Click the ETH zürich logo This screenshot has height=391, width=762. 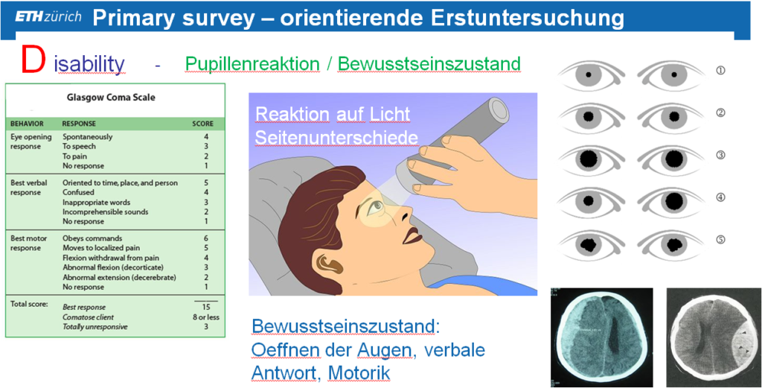pyautogui.click(x=48, y=17)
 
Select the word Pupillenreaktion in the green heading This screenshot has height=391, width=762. pyautogui.click(x=252, y=64)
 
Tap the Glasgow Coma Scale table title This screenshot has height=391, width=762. pyautogui.click(x=111, y=98)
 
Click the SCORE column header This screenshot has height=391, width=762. pyautogui.click(x=202, y=124)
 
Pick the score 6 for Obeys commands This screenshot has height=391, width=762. pyautogui.click(x=206, y=238)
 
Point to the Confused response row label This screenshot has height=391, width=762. pyautogui.click(x=78, y=193)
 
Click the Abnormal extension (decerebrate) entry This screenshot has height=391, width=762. pyautogui.click(x=119, y=277)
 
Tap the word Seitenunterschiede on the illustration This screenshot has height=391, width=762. pyautogui.click(x=336, y=138)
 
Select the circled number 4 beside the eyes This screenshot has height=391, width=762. pyautogui.click(x=720, y=197)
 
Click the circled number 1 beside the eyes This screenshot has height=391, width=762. pyautogui.click(x=720, y=71)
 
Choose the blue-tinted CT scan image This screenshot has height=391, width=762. pyautogui.click(x=601, y=337)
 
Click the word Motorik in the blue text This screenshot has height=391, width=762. pyautogui.click(x=359, y=372)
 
